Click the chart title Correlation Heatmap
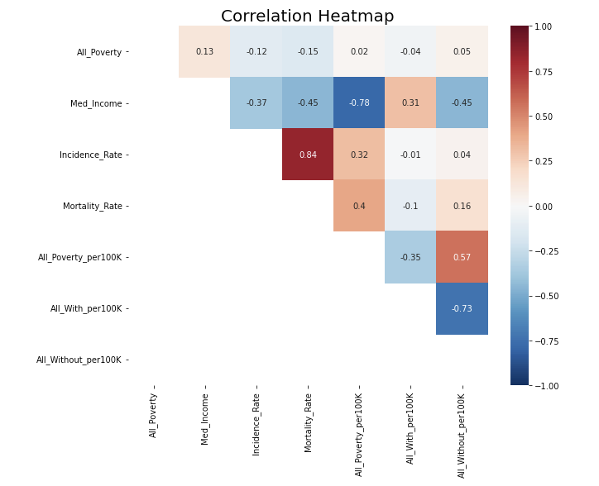[307, 17]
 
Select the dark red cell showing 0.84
[308, 155]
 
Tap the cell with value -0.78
[359, 103]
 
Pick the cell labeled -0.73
[462, 308]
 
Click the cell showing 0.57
[462, 257]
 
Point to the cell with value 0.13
[204, 52]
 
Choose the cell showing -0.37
[256, 103]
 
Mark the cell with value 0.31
[410, 103]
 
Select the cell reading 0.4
[359, 206]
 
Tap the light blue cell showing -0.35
[410, 257]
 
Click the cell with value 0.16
[462, 206]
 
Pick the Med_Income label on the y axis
[97, 104]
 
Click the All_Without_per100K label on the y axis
[79, 360]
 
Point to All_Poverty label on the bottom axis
[153, 416]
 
